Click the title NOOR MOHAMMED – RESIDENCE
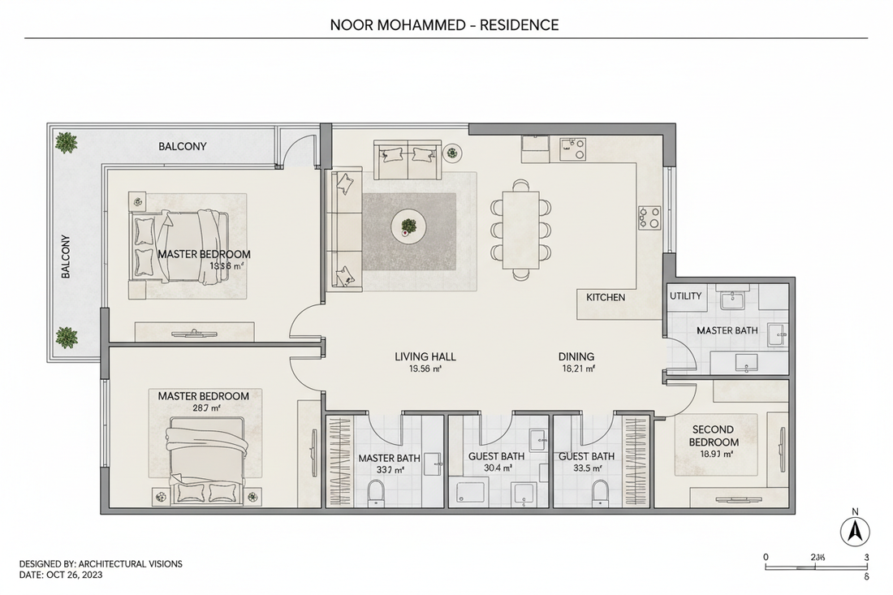point(444,24)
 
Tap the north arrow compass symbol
point(854,532)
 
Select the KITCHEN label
point(606,297)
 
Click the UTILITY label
point(685,296)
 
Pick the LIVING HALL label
point(425,356)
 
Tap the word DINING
point(576,356)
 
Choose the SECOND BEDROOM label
point(714,436)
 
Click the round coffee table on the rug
point(408,226)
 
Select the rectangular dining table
point(520,230)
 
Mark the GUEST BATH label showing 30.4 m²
point(496,456)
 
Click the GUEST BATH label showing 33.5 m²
point(586,456)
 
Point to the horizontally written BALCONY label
point(182,147)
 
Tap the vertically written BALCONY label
point(66,257)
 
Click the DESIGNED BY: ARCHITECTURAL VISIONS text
point(101,563)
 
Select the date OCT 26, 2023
point(72,575)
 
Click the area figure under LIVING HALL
point(425,369)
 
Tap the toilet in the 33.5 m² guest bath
point(600,492)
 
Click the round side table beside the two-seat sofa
point(452,151)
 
